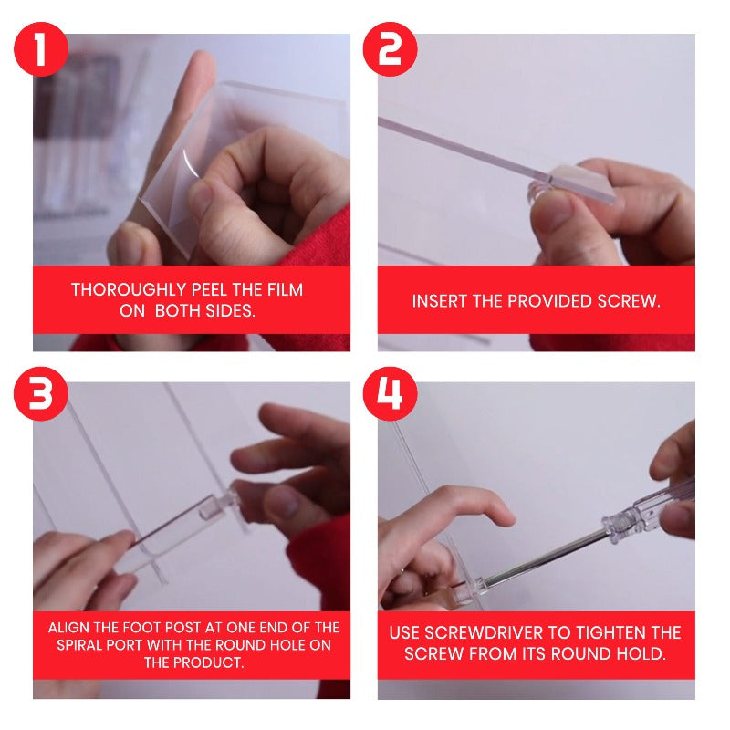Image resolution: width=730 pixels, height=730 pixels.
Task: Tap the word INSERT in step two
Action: (x=439, y=300)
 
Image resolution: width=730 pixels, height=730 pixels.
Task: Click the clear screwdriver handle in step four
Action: (x=639, y=511)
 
